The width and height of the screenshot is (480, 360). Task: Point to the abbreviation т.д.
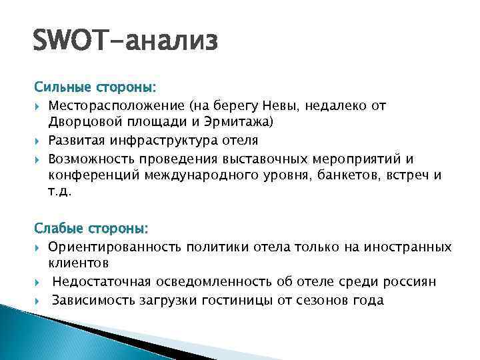59,193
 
